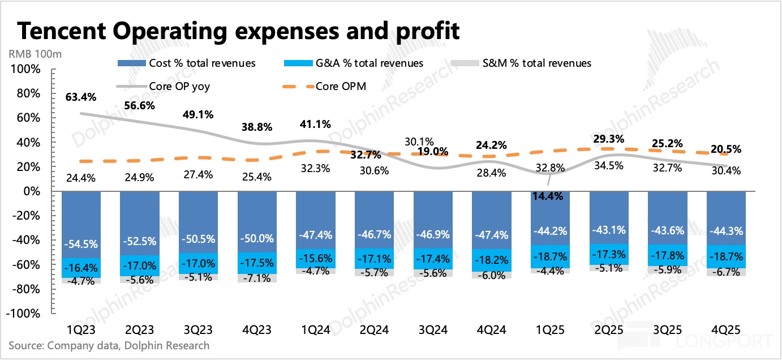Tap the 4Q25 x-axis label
(726, 329)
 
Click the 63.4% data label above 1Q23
(81, 96)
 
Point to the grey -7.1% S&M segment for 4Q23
(257, 278)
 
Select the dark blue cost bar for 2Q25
(609, 218)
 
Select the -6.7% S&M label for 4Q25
(726, 272)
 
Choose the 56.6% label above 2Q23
(140, 105)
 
